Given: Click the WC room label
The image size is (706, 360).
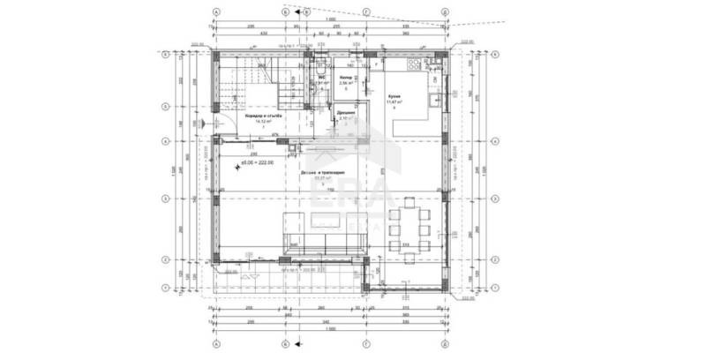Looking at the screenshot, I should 323,77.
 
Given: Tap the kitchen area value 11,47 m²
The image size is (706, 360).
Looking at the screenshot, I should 394,101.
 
